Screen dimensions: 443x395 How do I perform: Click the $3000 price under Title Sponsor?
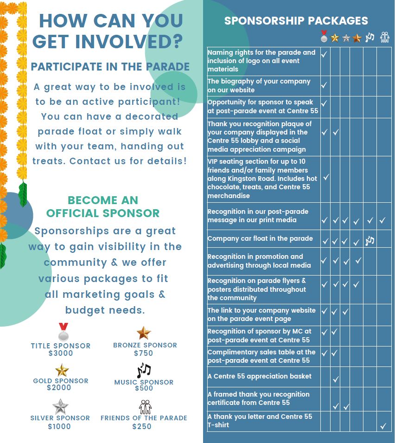coord(61,353)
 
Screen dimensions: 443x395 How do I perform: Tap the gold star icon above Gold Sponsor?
coord(62,370)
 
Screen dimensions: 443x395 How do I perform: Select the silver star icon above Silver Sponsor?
coord(60,406)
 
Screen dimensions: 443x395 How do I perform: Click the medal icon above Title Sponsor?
coord(63,332)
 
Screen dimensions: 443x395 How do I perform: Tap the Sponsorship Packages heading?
coord(296,21)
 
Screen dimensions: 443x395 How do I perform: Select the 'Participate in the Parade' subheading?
coord(110,66)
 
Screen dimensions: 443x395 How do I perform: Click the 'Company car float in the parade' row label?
coord(260,239)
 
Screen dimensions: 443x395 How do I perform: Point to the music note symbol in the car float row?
coord(370,241)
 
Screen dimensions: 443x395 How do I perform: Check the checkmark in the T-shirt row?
coord(383,425)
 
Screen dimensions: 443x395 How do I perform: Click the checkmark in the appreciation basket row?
coord(336,380)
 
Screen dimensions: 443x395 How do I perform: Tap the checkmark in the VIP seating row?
coord(326,177)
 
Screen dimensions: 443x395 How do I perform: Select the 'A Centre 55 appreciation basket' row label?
coord(259,376)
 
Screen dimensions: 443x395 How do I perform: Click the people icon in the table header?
coord(384,37)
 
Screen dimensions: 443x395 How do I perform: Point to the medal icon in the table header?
coord(324,36)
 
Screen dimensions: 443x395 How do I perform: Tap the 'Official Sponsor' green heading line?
coord(103,213)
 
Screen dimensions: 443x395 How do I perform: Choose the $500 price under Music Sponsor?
coord(144,388)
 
